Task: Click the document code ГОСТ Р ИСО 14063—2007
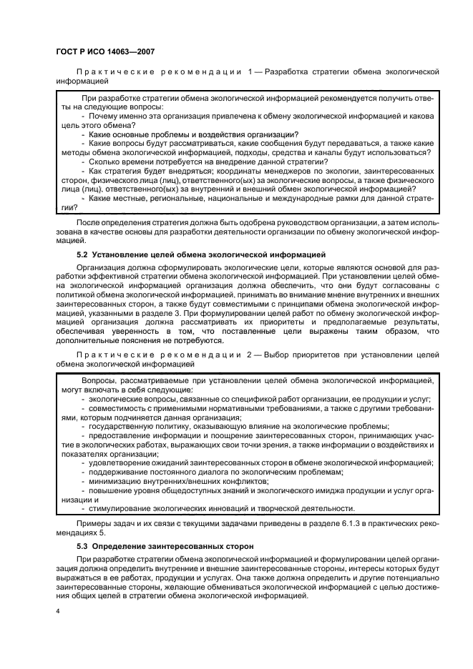[105, 51]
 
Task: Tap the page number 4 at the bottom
[57, 612]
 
